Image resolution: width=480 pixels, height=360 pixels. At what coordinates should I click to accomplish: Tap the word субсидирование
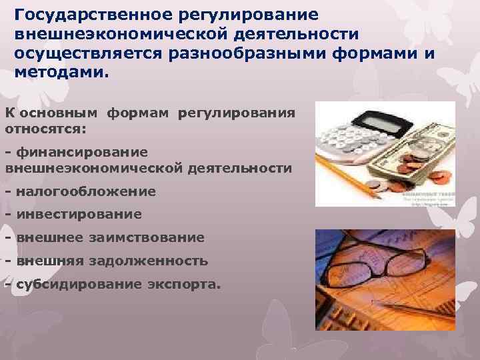74,285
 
